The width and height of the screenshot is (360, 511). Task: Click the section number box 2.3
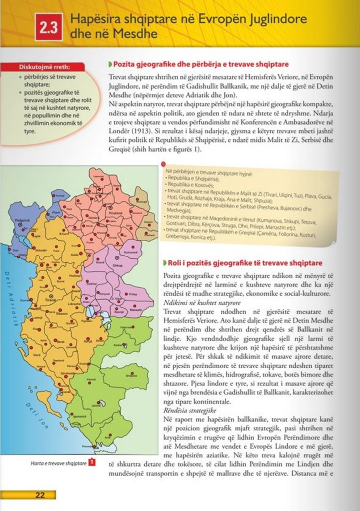[x=49, y=29]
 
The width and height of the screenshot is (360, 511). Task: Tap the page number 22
[x=40, y=494]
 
